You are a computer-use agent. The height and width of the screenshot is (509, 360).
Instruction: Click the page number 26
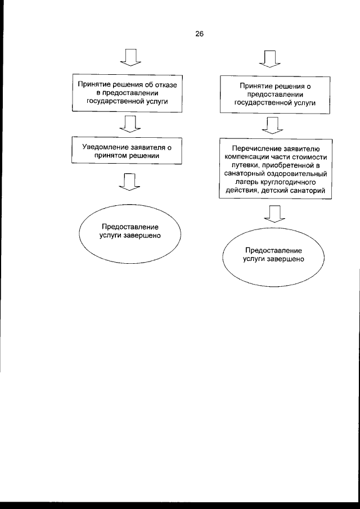pos(199,34)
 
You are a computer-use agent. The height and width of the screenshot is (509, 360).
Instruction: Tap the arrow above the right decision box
pos(272,57)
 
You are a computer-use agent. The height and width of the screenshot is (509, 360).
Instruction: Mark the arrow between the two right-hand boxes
pos(273,123)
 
